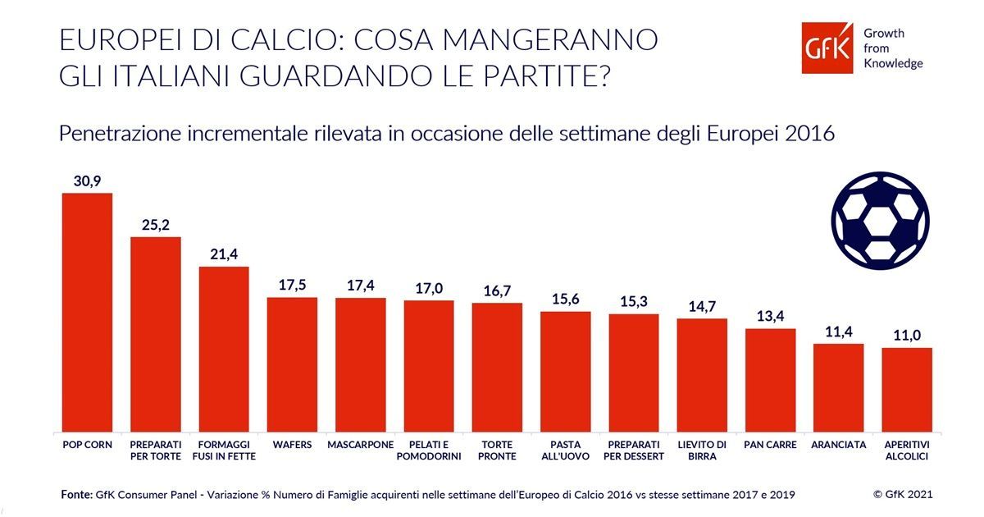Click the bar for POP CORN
tap(87, 312)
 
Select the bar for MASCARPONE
tap(361, 364)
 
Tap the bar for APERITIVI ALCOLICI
tap(907, 390)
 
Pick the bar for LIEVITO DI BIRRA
tap(702, 375)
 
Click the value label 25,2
tap(156, 225)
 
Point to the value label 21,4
tap(224, 255)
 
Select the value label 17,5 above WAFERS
tap(293, 286)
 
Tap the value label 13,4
tap(770, 317)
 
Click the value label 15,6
tap(566, 300)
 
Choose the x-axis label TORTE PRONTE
tap(497, 450)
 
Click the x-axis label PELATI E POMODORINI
tap(429, 450)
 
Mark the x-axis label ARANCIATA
tap(838, 444)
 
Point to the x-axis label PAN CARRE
tap(770, 444)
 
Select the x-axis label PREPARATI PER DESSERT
tap(634, 450)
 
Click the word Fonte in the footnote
tap(76, 495)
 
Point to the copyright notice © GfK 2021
tap(902, 494)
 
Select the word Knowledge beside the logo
tap(893, 63)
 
